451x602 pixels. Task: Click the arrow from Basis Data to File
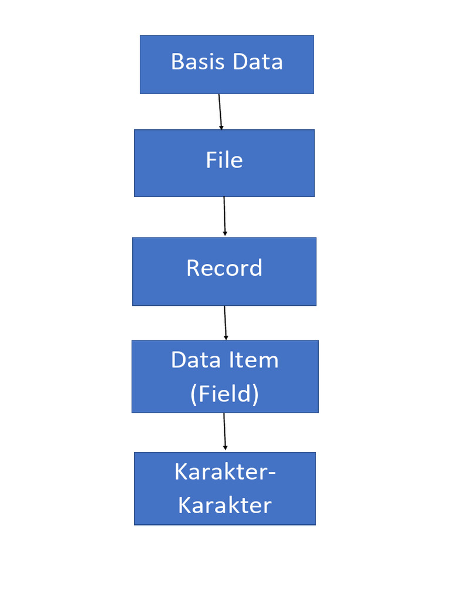220,111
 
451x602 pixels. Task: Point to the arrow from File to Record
224,216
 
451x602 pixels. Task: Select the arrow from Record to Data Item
225,322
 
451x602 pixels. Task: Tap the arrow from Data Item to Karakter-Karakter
224,431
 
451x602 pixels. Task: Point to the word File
224,160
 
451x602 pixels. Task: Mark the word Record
224,268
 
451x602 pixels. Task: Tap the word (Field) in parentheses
224,393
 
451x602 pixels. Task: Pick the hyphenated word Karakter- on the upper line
225,471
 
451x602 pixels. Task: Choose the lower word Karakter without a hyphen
225,505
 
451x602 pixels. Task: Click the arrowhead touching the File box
221,126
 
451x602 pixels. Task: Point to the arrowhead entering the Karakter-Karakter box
225,448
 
